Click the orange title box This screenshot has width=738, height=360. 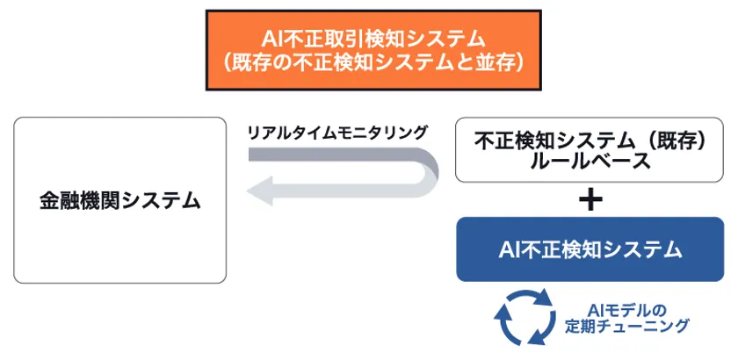[369, 49]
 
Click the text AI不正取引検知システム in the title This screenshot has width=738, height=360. [369, 36]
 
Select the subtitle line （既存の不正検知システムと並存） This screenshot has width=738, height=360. [369, 63]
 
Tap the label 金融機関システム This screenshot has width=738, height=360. [120, 200]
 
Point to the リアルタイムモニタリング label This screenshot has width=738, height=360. [337, 133]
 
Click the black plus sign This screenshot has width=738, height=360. [592, 199]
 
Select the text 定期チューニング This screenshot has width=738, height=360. [626, 327]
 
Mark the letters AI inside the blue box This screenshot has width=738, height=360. [511, 249]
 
